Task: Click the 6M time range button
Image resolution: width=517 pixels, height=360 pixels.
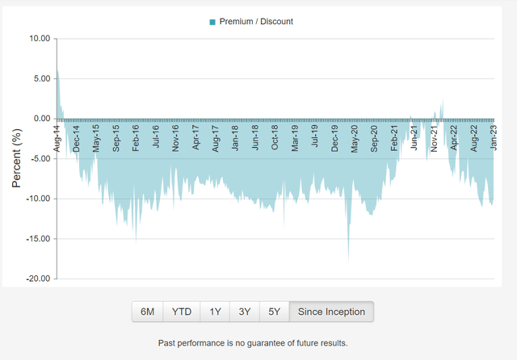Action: pyautogui.click(x=148, y=312)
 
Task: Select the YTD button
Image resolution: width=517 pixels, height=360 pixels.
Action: pyautogui.click(x=183, y=312)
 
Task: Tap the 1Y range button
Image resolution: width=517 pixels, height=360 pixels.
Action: pyautogui.click(x=215, y=312)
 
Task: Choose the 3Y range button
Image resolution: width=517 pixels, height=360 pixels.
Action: pyautogui.click(x=245, y=312)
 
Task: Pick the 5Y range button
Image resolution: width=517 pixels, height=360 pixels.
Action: pyautogui.click(x=275, y=312)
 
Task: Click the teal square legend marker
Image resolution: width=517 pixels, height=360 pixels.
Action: pyautogui.click(x=212, y=22)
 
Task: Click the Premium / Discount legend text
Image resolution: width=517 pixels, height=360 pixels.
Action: pyautogui.click(x=256, y=22)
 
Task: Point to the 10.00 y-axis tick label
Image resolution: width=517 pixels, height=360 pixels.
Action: pyautogui.click(x=39, y=38)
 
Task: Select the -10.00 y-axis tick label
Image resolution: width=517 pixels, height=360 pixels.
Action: pyautogui.click(x=37, y=199)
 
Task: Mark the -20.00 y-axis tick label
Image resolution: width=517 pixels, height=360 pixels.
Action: pyautogui.click(x=37, y=278)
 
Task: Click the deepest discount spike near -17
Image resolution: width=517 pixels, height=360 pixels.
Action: pyautogui.click(x=348, y=258)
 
